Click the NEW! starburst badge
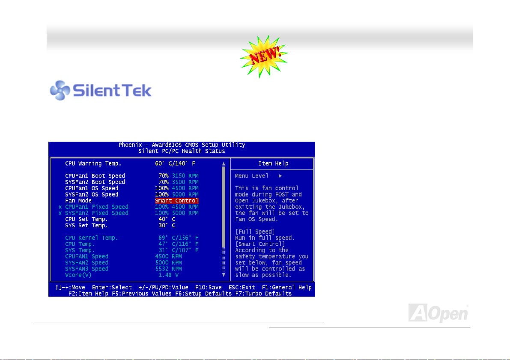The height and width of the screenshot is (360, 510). (264, 57)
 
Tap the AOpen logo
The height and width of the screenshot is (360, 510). (438, 313)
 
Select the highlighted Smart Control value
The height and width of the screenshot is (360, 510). (176, 201)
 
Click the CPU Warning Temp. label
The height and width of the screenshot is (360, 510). (93, 164)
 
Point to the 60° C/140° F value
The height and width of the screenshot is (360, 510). (175, 164)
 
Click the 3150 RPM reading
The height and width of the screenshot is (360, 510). (185, 176)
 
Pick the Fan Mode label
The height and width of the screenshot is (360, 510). (78, 201)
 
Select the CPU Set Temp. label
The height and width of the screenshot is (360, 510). (86, 219)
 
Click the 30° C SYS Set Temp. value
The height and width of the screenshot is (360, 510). (167, 225)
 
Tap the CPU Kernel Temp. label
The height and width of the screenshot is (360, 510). (91, 238)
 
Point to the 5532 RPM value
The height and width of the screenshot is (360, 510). (168, 269)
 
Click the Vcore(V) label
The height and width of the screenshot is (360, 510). (78, 275)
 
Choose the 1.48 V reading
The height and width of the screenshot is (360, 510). (168, 275)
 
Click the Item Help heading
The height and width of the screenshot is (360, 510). (273, 164)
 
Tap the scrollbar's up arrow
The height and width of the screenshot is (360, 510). (224, 164)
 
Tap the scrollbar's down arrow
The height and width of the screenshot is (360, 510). (224, 275)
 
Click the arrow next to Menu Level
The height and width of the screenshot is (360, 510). (280, 176)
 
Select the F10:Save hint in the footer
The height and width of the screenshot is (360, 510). (208, 288)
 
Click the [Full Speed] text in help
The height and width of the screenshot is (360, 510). (255, 232)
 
